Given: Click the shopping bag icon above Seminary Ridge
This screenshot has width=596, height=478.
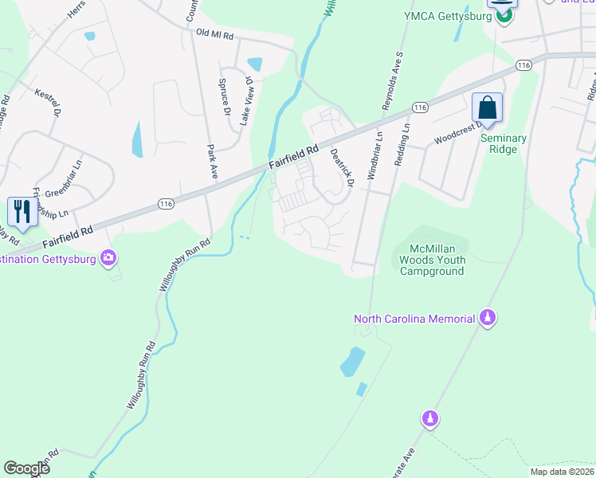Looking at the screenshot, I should tap(487, 108).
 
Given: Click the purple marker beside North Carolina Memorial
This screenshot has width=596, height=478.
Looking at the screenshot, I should tap(487, 319).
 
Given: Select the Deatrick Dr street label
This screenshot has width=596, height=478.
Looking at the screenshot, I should tap(342, 167).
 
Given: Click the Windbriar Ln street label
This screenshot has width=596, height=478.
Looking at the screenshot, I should tap(374, 156).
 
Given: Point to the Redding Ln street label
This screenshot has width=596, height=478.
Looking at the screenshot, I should tap(402, 143).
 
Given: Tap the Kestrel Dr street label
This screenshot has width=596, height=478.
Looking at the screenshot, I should tap(47, 102).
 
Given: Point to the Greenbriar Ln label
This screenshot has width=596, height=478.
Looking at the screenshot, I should tap(64, 189).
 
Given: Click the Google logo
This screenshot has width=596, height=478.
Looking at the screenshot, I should tap(27, 468).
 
